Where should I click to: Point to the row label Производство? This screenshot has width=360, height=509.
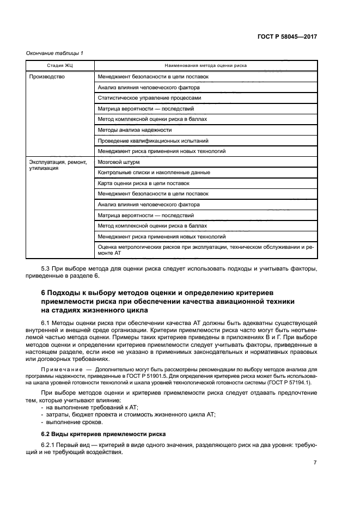pyautogui.click(x=47, y=77)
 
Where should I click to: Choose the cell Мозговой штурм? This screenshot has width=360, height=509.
pyautogui.click(x=119, y=162)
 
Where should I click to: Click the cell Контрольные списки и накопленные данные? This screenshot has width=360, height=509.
pyautogui.click(x=154, y=173)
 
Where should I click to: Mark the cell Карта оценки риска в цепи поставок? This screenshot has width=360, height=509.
pyautogui.click(x=143, y=183)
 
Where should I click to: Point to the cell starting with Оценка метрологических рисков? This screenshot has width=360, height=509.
pyautogui.click(x=205, y=250)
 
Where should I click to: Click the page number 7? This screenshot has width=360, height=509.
pyautogui.click(x=315, y=463)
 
